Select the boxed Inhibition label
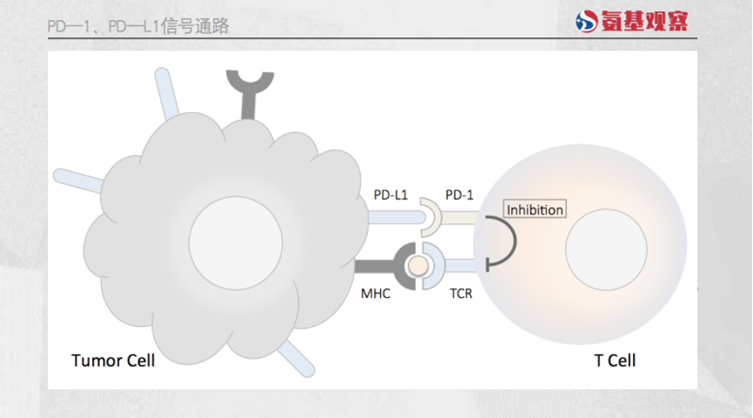tap(535, 209)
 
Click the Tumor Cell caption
tap(113, 359)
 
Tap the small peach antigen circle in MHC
tap(421, 265)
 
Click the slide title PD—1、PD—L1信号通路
tap(138, 26)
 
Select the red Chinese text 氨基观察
tap(645, 23)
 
